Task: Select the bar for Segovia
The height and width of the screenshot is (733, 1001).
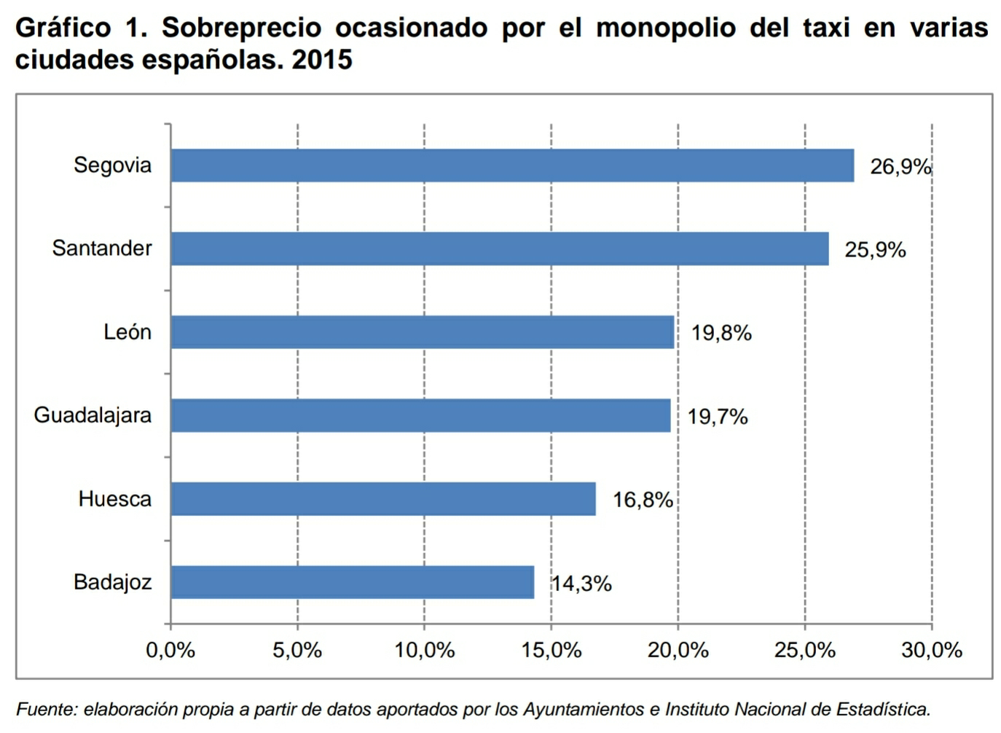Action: coord(512,165)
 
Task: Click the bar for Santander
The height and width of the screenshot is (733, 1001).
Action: coord(500,248)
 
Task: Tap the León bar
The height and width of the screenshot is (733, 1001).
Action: coord(423,332)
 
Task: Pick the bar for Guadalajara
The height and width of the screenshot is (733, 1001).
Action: coord(420,415)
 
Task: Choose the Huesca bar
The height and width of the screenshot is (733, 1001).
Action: coord(383,499)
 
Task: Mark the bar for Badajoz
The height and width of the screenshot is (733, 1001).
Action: coord(353,582)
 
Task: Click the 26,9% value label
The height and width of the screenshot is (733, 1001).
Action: coord(900,167)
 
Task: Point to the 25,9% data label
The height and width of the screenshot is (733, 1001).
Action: coord(875,250)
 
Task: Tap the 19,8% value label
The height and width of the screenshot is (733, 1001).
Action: coord(721,333)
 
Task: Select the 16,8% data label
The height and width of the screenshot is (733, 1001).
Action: coord(643,500)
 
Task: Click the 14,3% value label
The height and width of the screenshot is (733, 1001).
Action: coord(581,584)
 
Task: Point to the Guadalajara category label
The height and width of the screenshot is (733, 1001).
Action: coord(93,415)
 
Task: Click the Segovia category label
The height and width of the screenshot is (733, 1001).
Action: coord(112,165)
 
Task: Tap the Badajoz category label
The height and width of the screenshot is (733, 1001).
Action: coord(112,582)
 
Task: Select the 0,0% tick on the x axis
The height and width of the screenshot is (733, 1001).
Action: coord(170,650)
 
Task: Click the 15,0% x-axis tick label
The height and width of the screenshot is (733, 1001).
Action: coord(551,650)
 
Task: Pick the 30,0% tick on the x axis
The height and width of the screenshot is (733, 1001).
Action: coord(932,650)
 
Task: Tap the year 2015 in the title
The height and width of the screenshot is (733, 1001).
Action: coord(322,60)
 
